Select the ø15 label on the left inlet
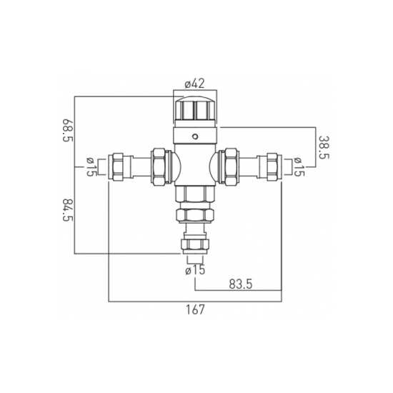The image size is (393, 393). click(x=91, y=166)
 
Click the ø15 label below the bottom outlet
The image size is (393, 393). click(x=196, y=270)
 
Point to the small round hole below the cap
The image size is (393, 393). click(x=196, y=135)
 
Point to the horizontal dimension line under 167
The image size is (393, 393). click(x=143, y=301)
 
